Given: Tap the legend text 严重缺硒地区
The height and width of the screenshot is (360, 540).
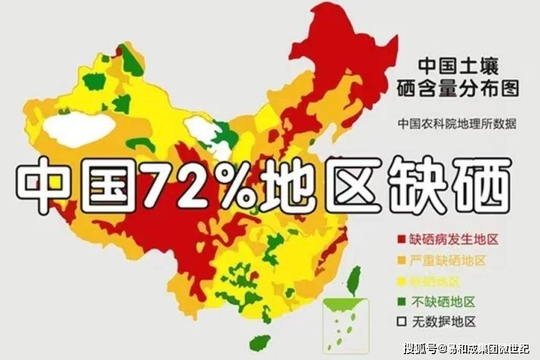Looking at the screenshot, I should click(447, 261).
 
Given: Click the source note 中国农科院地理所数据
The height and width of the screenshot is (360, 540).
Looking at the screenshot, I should click(457, 124).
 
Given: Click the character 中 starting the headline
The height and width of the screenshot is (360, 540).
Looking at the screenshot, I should click(49, 184).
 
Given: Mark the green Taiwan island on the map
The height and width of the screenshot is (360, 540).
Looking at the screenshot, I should click(353, 280).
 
